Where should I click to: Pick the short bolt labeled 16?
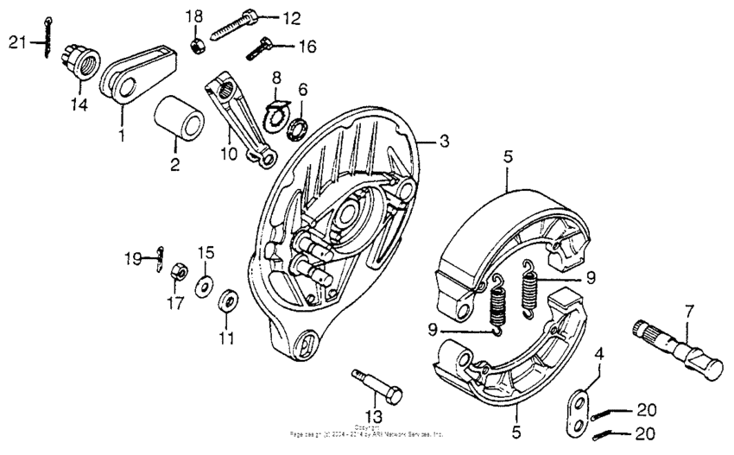[x=258, y=51]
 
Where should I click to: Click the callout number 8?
[x=277, y=77]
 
